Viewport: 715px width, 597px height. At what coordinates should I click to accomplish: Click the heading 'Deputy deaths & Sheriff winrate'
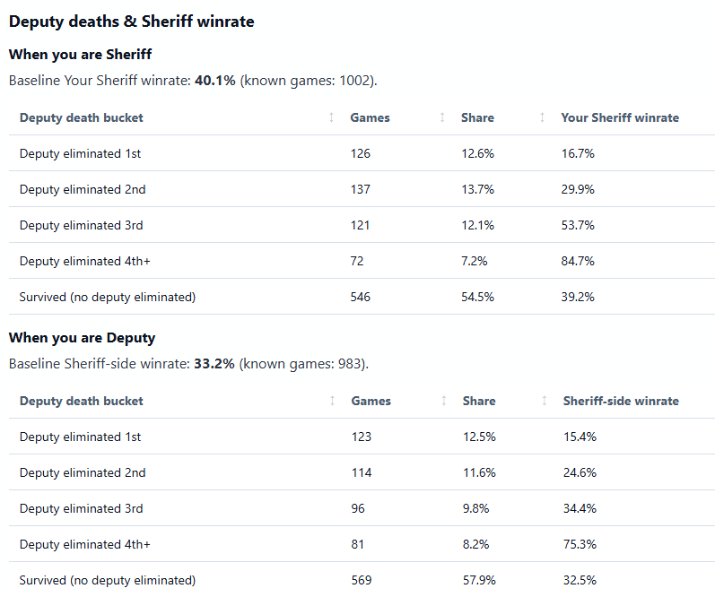[131, 22]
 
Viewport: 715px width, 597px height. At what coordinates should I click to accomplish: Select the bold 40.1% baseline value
[214, 81]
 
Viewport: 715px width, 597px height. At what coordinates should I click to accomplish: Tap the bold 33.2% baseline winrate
[214, 364]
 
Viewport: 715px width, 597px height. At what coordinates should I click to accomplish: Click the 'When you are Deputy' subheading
[82, 338]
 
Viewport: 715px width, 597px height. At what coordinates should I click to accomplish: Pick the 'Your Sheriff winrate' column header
[620, 117]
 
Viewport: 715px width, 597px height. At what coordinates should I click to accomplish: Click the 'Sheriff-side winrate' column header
[621, 401]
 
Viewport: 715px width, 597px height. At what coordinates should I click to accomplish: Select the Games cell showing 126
[361, 153]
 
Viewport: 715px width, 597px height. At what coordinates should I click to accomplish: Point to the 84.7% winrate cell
[578, 261]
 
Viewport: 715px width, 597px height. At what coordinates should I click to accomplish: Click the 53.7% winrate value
[578, 225]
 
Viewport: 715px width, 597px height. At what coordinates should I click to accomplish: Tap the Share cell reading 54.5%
[477, 297]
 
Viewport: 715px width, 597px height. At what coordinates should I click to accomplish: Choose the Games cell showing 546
[361, 297]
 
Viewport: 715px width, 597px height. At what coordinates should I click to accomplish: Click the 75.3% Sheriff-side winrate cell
[580, 544]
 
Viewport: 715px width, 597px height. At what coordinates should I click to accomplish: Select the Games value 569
[362, 580]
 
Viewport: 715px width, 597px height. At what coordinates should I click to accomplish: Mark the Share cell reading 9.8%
[475, 508]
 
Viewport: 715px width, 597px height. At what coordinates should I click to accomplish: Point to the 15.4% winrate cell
[580, 437]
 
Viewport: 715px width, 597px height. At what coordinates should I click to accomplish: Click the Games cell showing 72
[357, 261]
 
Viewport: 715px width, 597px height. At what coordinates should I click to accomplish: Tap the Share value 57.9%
[479, 580]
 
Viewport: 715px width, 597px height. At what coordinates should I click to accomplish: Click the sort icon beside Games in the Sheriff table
[442, 117]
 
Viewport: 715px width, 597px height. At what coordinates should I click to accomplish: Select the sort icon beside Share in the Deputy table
[544, 401]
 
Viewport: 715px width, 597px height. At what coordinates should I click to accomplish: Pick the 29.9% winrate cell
[578, 189]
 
